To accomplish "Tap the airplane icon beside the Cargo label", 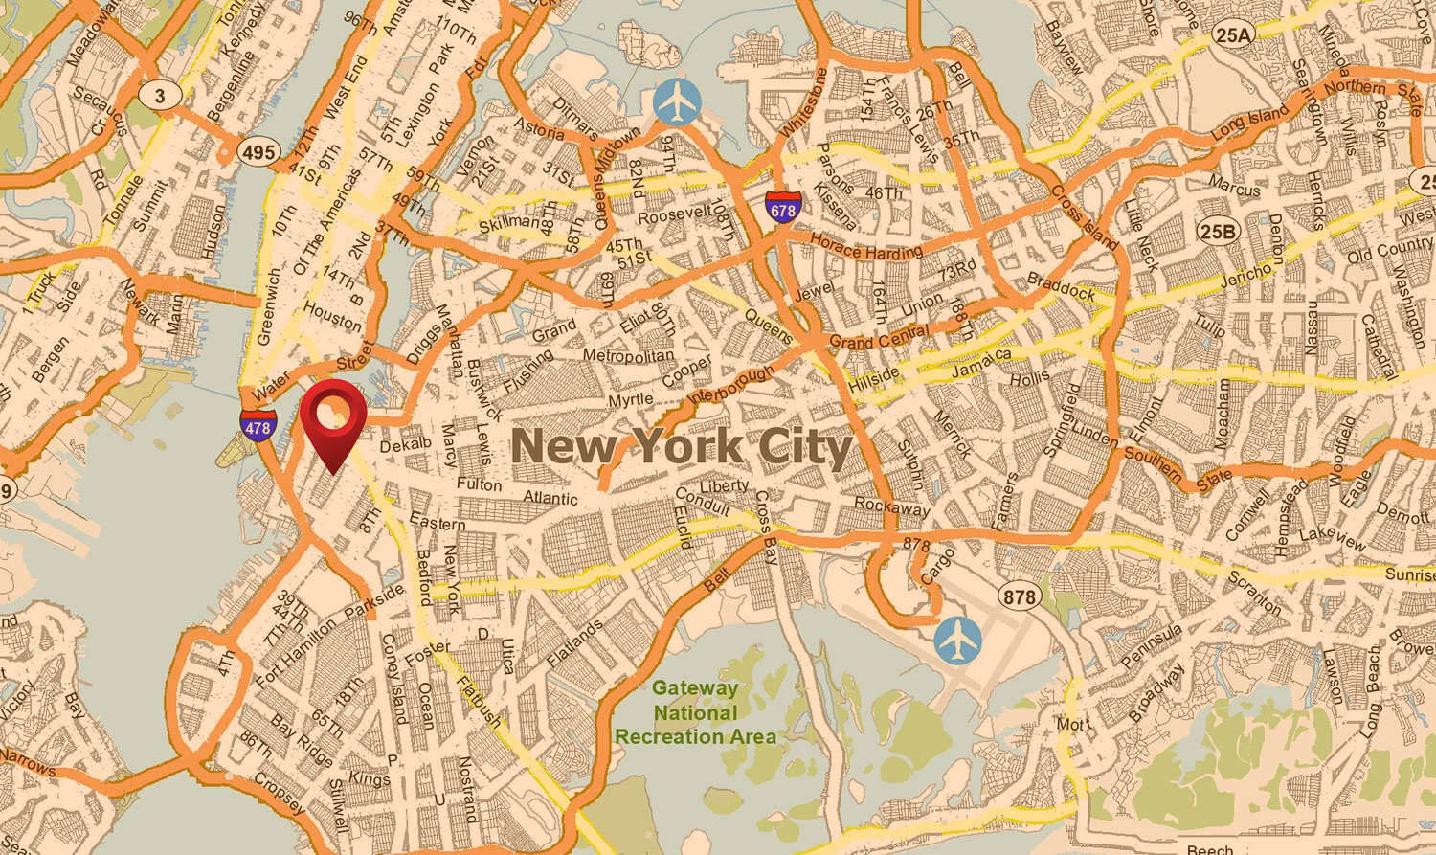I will pos(957,640).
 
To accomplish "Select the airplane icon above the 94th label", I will pos(678,102).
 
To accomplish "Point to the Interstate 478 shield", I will pos(258,426).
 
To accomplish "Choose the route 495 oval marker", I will pos(258,151).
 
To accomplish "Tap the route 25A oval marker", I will pos(1233,36).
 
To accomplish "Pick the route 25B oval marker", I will pos(1218,231).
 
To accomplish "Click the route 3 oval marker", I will pos(160,95).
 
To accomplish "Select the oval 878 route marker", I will pos(1019,596).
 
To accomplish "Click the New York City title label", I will pos(682,447).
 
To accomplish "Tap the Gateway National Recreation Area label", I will pos(696,712).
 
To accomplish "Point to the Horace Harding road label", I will pos(866,248).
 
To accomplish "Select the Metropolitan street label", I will pos(628,356).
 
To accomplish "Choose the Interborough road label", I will pos(730,384).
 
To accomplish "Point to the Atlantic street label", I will pos(550,498).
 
